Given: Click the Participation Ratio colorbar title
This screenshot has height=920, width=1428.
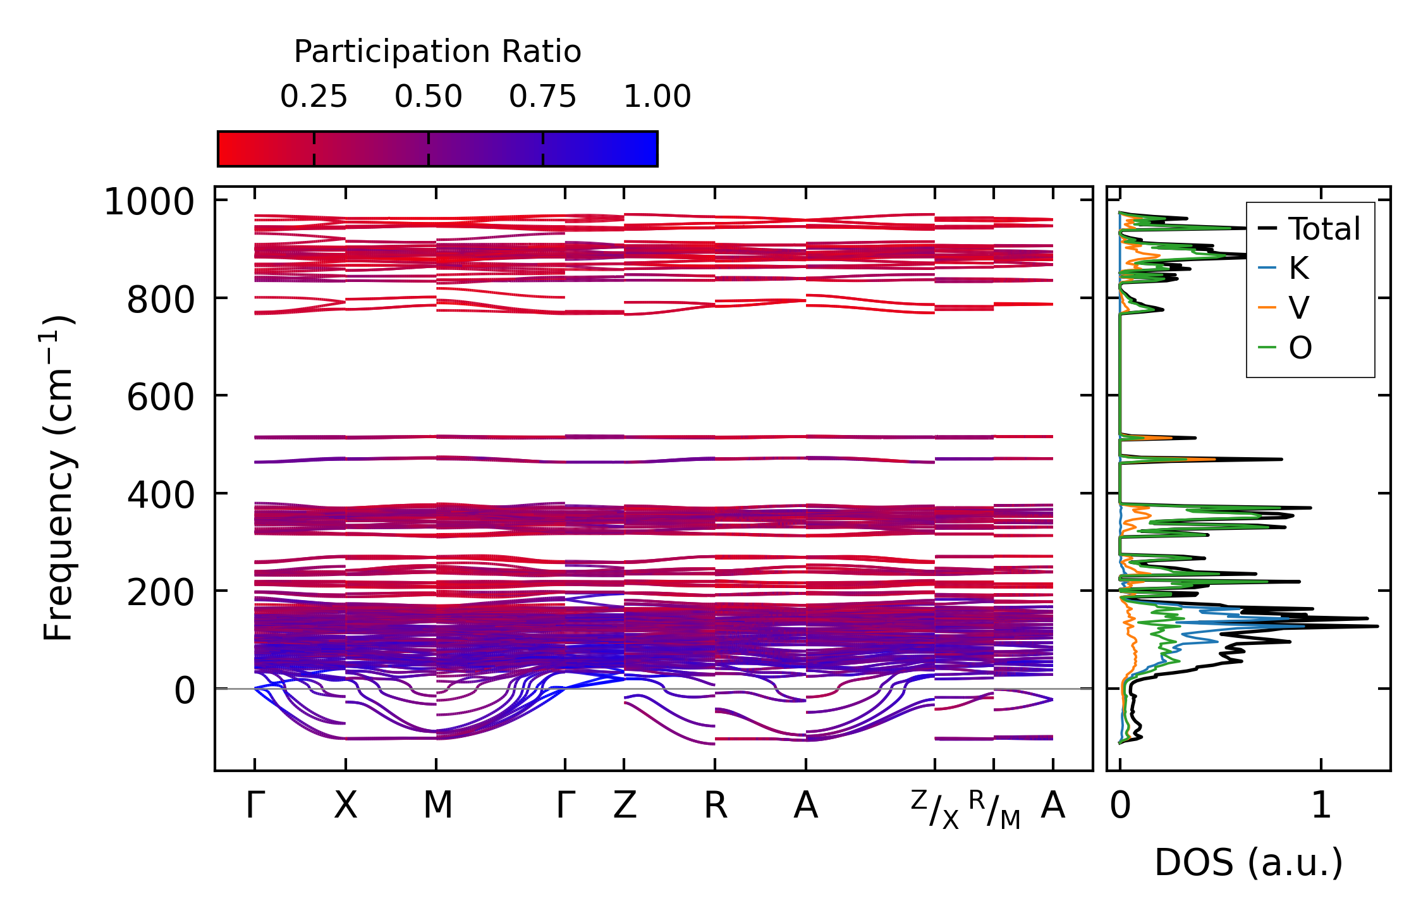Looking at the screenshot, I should point(437,52).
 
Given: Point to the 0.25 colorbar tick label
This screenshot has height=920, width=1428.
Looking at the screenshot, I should point(314,97).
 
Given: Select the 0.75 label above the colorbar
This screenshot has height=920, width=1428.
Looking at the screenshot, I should point(542,97).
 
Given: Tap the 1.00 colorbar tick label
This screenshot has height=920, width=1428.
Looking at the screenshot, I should point(657,97).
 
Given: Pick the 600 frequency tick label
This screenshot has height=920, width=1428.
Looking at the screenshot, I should point(160,398).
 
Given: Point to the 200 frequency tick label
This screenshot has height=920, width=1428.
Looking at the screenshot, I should point(160,593).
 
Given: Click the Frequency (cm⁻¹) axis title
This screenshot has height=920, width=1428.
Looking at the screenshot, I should point(58,478).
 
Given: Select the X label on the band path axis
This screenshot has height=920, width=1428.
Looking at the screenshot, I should point(345,806).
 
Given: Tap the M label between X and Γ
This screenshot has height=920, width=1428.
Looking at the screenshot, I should point(437,806).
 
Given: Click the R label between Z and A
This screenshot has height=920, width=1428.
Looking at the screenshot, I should point(716,806).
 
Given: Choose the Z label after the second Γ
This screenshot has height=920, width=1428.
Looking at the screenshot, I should point(625,806).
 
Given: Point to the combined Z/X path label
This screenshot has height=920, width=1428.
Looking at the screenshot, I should point(935,809).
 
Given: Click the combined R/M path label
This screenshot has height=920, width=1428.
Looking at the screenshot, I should point(994,809).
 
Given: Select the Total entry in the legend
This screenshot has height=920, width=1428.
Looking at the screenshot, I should point(1324,229).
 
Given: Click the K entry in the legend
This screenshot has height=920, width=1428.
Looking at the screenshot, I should point(1298,269).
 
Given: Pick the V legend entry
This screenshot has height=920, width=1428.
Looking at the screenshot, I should point(1298,308).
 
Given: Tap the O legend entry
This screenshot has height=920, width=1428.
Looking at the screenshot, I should point(1300,348).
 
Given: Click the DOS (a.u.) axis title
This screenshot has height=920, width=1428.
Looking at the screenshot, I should point(1248,862).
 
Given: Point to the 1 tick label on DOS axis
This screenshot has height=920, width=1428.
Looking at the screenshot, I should point(1321,806).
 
